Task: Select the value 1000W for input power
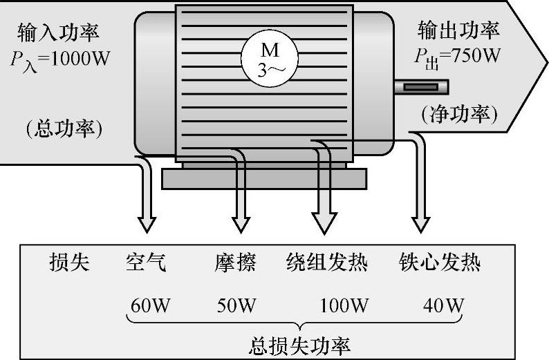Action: tap(79, 58)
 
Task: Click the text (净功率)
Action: tap(459, 113)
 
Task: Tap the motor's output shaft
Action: tap(421, 88)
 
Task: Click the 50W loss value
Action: tap(236, 305)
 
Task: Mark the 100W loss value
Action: tap(344, 305)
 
